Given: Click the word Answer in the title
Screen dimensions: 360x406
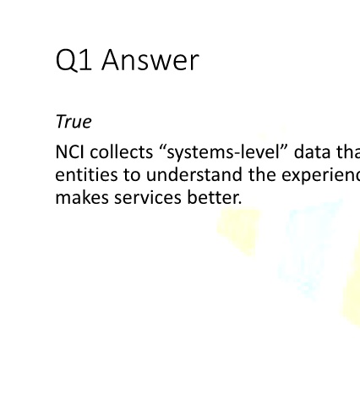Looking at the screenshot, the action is (150, 60).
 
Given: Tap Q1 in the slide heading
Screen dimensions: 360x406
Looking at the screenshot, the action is (74, 60).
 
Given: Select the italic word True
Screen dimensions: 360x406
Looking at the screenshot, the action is (74, 122).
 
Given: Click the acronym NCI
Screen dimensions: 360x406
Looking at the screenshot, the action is (69, 152).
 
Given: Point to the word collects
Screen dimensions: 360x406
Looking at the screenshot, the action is (122, 152).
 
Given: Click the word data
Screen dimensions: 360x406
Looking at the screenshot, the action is (312, 152).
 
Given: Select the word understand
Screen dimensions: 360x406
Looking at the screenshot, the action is (194, 175).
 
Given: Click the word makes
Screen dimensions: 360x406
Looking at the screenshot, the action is (82, 198).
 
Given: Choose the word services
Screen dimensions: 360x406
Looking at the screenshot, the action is (148, 198).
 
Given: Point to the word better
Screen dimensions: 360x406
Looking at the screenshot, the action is (212, 198).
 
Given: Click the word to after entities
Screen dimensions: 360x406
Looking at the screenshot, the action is (132, 175).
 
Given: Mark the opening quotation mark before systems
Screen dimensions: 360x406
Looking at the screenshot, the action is (163, 147).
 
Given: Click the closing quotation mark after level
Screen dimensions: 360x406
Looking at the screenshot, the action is (284, 147).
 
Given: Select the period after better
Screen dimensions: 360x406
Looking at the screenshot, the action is (240, 203).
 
